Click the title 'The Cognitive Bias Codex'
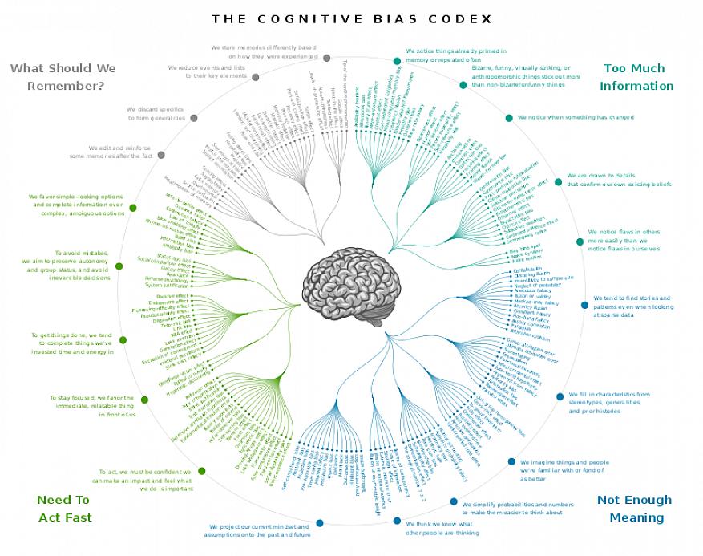(x=352, y=18)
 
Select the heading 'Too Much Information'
(x=636, y=77)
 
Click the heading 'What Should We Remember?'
(x=63, y=77)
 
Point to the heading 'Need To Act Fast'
(x=64, y=509)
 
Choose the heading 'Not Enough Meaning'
(x=635, y=509)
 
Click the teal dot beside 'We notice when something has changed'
(x=508, y=118)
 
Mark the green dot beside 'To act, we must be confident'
(x=201, y=471)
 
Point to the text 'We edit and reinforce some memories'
(x=121, y=152)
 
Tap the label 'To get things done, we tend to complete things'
(x=72, y=343)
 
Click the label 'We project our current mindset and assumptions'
(x=257, y=530)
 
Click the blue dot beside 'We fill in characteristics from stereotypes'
(x=560, y=396)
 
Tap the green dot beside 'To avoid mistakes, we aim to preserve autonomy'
(x=119, y=266)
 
